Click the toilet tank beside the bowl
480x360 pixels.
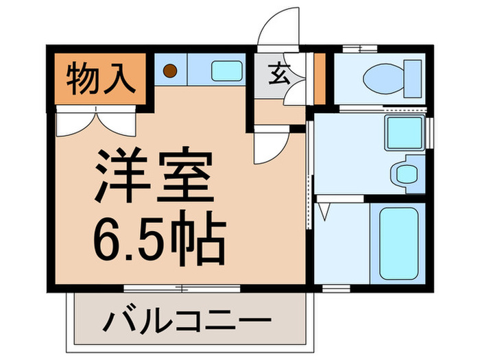coord(411,77)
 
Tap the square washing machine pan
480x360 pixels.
coord(402,133)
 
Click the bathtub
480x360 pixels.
coord(398,243)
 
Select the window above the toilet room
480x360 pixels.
coord(361,48)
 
